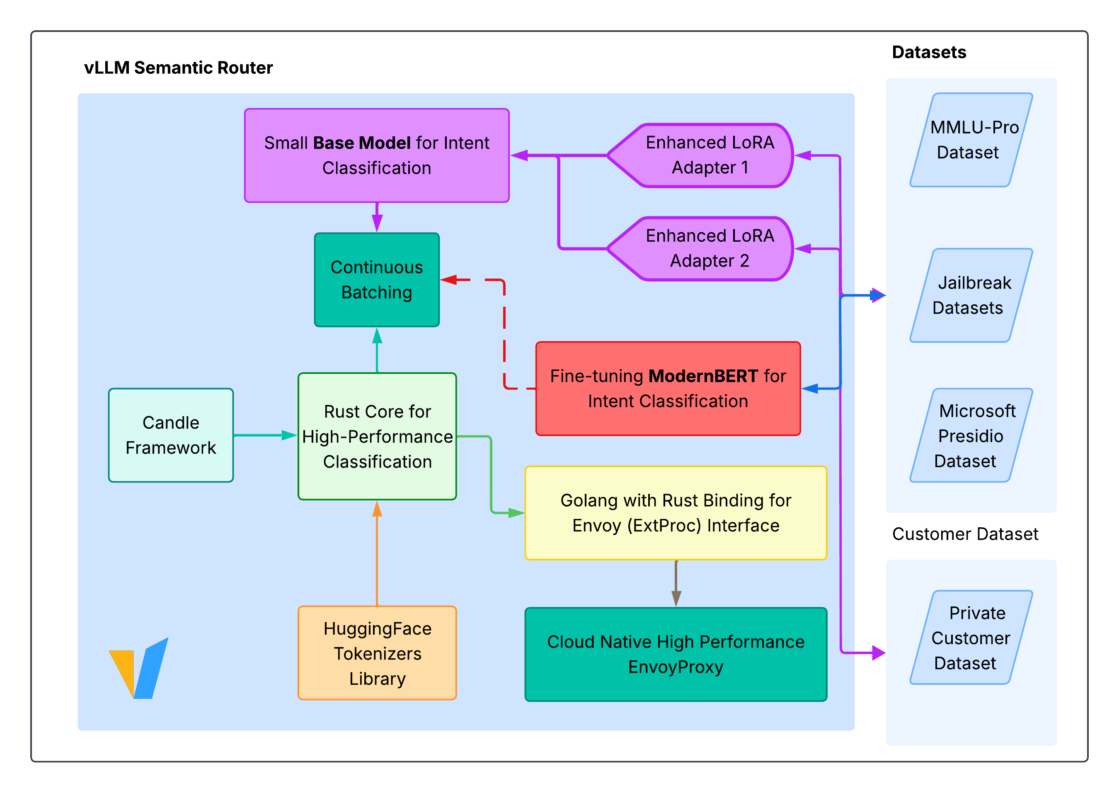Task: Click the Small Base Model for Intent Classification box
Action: (376, 155)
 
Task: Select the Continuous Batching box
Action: (376, 280)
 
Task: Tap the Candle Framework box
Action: (170, 435)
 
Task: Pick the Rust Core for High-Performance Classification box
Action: (377, 436)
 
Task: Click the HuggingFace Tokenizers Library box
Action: (377, 653)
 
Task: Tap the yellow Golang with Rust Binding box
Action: (675, 513)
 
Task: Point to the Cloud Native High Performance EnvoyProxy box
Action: (675, 654)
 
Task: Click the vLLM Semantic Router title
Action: (178, 68)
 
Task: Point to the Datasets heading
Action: (929, 52)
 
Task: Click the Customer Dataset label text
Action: (965, 534)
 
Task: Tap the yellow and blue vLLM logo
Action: (139, 669)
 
